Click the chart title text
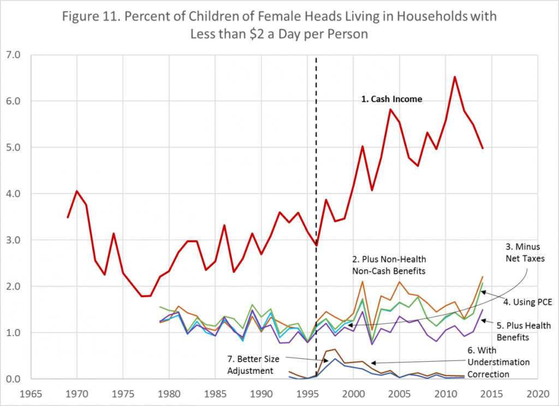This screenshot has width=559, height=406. tap(279, 24)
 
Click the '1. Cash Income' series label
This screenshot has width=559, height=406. tap(391, 100)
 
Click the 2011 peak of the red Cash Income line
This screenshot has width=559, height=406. tap(455, 77)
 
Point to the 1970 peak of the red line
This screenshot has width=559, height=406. tap(77, 191)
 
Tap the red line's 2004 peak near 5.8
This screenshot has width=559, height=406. tap(390, 109)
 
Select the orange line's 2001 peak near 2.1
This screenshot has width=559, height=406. tap(362, 281)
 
